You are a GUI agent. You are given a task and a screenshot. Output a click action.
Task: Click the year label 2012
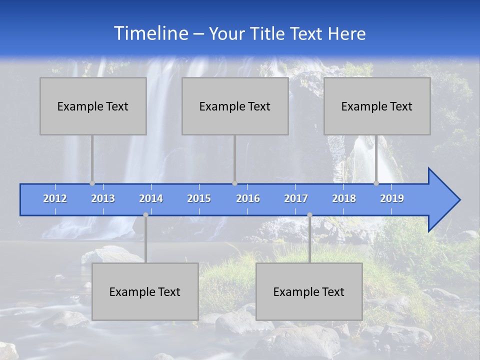coord(55,198)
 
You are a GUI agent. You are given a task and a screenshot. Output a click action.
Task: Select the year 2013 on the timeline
coord(103,198)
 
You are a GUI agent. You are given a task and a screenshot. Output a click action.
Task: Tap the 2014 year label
coord(151,198)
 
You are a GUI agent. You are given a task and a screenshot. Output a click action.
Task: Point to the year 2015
coord(199,198)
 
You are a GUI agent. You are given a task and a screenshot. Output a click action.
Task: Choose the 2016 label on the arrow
coord(248,198)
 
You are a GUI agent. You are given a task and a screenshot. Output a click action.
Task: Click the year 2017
coord(296,198)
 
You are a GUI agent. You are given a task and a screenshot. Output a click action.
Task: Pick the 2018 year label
coord(344,198)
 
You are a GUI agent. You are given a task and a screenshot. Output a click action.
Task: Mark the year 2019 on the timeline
coord(392,198)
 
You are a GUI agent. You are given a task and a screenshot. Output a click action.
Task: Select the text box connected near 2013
coord(93,106)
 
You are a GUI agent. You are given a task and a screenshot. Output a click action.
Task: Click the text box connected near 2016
coord(235,106)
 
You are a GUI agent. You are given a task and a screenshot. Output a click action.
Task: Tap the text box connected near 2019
coord(377,106)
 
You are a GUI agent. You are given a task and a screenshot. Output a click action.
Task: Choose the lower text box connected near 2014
coord(145,291)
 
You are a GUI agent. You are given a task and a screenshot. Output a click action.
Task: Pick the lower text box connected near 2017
coord(309,291)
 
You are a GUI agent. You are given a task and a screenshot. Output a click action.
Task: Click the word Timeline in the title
coord(150,33)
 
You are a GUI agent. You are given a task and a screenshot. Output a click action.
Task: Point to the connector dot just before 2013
coord(92,183)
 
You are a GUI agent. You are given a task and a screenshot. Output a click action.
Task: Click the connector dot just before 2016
coord(234,183)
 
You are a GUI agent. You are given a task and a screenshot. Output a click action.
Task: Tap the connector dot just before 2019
coord(376,183)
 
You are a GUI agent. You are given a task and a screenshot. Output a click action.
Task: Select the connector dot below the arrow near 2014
coord(145,214)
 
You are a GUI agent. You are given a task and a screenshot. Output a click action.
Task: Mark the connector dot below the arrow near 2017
coord(309,214)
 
